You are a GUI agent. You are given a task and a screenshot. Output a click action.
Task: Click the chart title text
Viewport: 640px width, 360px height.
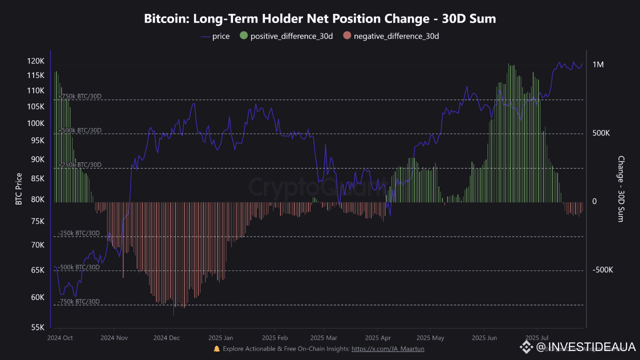coord(320,19)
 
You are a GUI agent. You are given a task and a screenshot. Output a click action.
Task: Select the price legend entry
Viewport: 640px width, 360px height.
coord(220,36)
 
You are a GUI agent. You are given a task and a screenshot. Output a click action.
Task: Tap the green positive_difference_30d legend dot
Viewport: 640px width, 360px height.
coord(243,36)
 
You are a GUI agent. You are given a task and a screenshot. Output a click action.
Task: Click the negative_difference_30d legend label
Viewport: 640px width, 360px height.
coord(396,36)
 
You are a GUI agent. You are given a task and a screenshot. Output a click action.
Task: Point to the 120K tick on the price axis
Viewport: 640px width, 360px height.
coord(36,61)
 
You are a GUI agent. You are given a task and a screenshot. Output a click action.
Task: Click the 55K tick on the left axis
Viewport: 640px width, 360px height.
coord(37,327)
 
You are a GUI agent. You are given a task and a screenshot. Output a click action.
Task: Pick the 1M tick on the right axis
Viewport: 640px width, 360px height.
coord(598,64)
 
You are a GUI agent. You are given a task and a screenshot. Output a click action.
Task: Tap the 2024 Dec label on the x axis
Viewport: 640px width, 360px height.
coord(167,337)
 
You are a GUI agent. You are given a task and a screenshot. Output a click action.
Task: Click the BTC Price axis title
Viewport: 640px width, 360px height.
coord(19,189)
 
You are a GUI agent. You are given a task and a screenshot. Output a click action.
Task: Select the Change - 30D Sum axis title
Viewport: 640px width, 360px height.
coord(621,189)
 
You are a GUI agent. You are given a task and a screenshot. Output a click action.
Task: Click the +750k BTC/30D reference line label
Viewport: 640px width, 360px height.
coord(79,96)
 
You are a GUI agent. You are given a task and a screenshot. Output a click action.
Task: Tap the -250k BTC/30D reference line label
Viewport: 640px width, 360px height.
coord(79,233)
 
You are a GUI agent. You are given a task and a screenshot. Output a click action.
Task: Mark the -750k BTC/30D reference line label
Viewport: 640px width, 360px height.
coord(79,301)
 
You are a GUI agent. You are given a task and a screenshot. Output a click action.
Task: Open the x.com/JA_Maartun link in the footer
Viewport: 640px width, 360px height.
coord(388,348)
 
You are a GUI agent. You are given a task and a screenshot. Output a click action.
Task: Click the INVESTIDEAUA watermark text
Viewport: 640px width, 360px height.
coord(591,347)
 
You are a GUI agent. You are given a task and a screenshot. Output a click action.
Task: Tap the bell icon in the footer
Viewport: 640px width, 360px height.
coord(216,348)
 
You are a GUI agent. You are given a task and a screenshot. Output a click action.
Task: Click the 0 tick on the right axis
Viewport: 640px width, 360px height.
coord(594,201)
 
